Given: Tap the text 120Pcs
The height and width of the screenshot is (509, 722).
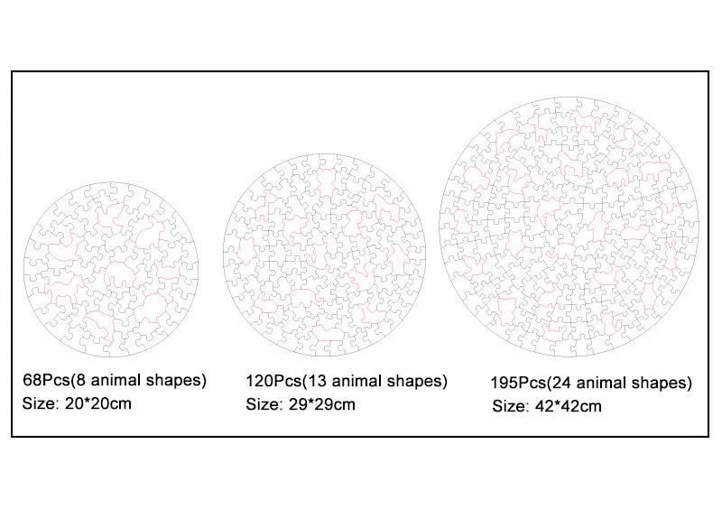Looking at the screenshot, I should coord(272,381).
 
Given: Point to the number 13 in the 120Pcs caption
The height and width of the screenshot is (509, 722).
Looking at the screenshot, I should coord(312,381).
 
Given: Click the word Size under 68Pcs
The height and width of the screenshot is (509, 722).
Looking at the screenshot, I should coord(38,403).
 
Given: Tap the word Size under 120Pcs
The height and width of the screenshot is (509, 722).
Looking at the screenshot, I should coord(263,403).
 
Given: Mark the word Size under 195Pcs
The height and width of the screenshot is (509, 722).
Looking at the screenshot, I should coord(509,406).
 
